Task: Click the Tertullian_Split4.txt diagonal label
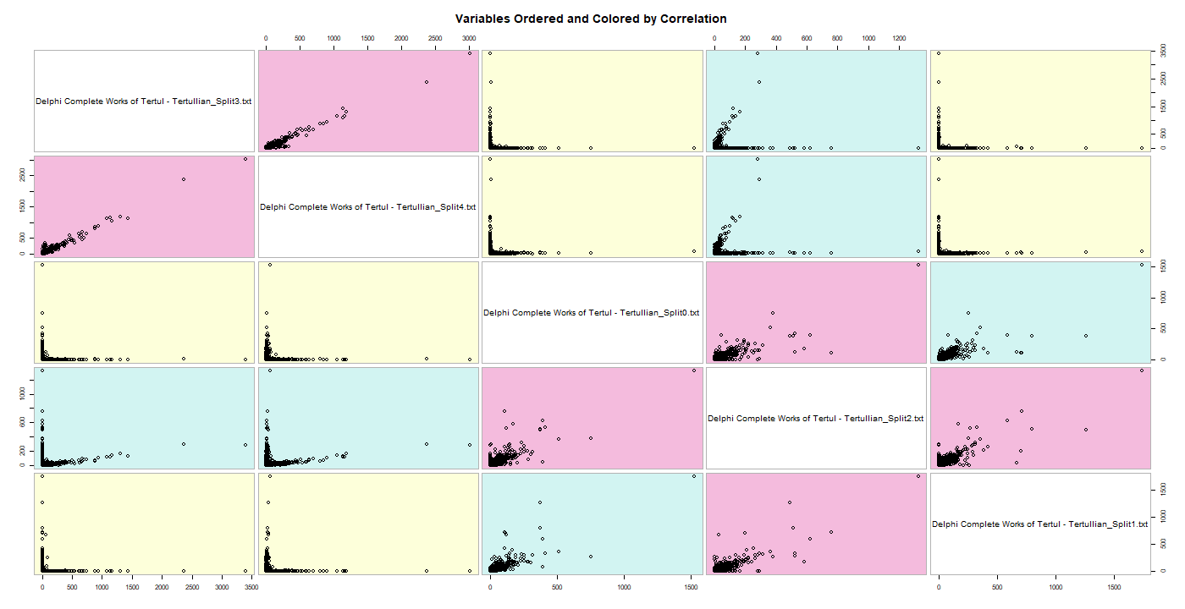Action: pos(368,206)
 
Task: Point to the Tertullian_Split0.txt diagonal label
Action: pos(592,313)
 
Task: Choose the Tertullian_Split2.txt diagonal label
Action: pos(815,419)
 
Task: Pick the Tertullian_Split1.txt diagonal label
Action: pos(1039,524)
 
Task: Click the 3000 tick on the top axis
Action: pos(469,38)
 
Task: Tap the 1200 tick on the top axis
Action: pos(899,38)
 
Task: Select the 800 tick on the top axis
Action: pos(838,38)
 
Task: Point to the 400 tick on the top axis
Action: pos(776,38)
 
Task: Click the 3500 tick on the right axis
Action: pos(1165,54)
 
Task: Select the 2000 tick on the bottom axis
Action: pos(163,586)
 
